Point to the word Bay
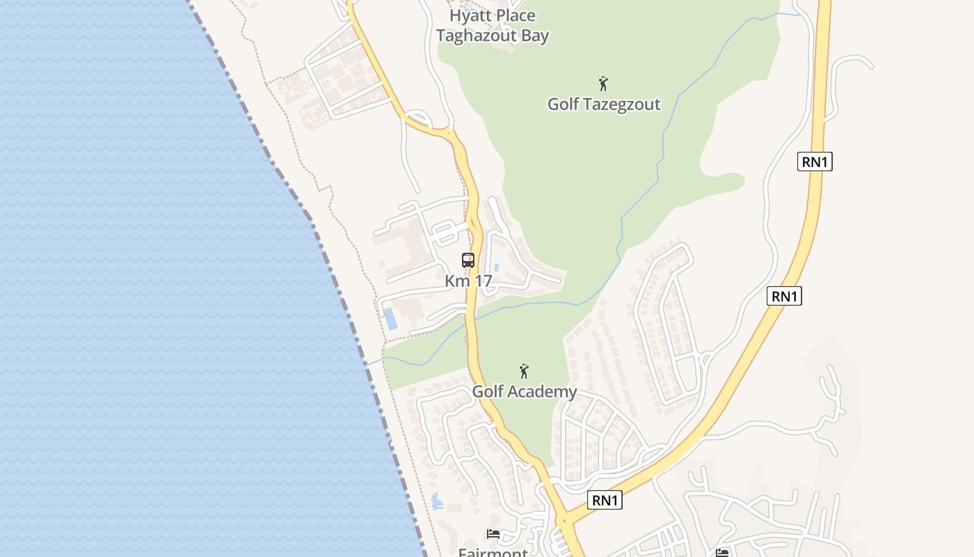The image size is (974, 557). tap(535, 36)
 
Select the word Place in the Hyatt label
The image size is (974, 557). tap(516, 15)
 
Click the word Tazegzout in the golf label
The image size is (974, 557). tap(621, 104)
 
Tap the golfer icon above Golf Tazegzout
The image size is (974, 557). tap(603, 84)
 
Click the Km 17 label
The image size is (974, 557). tap(468, 281)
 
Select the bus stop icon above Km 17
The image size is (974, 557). tap(468, 260)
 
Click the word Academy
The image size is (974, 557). tap(543, 392)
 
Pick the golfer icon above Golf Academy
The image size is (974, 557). tap(524, 371)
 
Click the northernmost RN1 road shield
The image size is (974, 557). tap(815, 162)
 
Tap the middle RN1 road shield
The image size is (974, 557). tap(784, 296)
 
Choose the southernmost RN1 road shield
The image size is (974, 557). tap(605, 500)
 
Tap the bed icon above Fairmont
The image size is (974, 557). tap(493, 534)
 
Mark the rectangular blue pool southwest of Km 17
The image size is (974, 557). tap(390, 318)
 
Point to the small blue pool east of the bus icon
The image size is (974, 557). tap(496, 267)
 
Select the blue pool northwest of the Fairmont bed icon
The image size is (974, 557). tap(436, 501)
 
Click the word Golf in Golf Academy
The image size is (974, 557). tap(488, 392)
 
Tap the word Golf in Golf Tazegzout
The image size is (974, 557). tap(564, 104)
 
